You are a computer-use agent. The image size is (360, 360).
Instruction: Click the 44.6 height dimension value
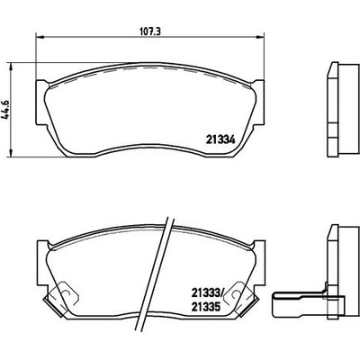click(x=7, y=110)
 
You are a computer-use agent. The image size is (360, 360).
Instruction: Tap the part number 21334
click(x=220, y=139)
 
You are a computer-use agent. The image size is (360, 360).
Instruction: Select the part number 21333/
click(x=207, y=292)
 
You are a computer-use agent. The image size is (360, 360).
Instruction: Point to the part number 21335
click(x=206, y=307)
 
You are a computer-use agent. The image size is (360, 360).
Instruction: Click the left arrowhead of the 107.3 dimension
click(x=40, y=37)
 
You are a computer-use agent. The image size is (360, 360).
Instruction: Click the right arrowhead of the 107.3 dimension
click(x=260, y=37)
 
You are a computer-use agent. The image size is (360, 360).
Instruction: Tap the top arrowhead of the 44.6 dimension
click(x=11, y=67)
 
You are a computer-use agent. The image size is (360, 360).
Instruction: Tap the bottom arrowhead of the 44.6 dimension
click(x=11, y=152)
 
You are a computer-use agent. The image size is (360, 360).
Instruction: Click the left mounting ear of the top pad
click(x=41, y=103)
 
